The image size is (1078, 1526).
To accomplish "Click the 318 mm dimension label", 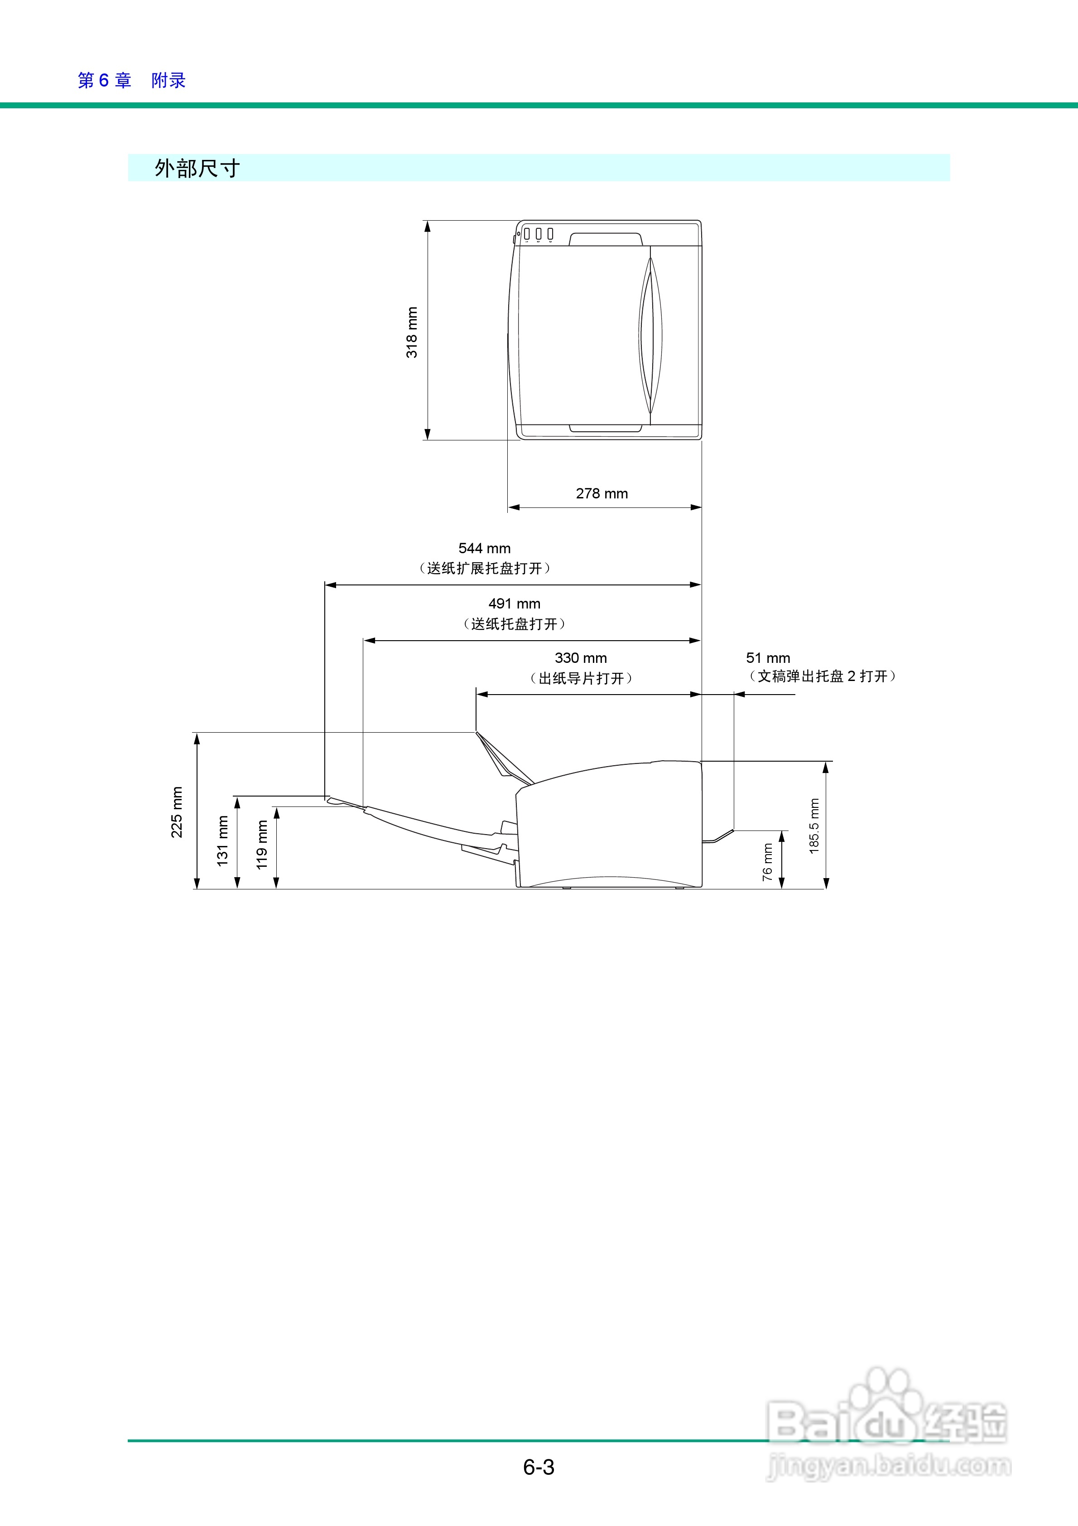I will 412,332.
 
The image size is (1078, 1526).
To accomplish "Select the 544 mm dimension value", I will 485,548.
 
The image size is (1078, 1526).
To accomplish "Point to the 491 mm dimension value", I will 515,604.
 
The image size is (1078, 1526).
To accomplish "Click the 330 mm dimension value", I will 581,658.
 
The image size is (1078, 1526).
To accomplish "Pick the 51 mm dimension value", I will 768,658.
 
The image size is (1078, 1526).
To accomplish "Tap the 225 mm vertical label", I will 177,812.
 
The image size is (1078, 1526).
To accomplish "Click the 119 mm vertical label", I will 262,844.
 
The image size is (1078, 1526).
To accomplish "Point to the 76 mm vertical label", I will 768,862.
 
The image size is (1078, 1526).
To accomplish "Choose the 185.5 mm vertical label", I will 814,826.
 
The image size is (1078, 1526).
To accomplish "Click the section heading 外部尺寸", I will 197,168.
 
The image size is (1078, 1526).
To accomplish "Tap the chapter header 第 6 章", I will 104,80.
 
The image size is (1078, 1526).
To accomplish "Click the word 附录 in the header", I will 168,80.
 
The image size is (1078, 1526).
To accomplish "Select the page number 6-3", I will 539,1467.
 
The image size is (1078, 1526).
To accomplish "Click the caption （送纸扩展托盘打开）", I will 485,568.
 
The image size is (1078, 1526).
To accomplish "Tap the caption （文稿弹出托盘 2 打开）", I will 822,676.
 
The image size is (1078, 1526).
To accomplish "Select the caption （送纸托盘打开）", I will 515,624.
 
